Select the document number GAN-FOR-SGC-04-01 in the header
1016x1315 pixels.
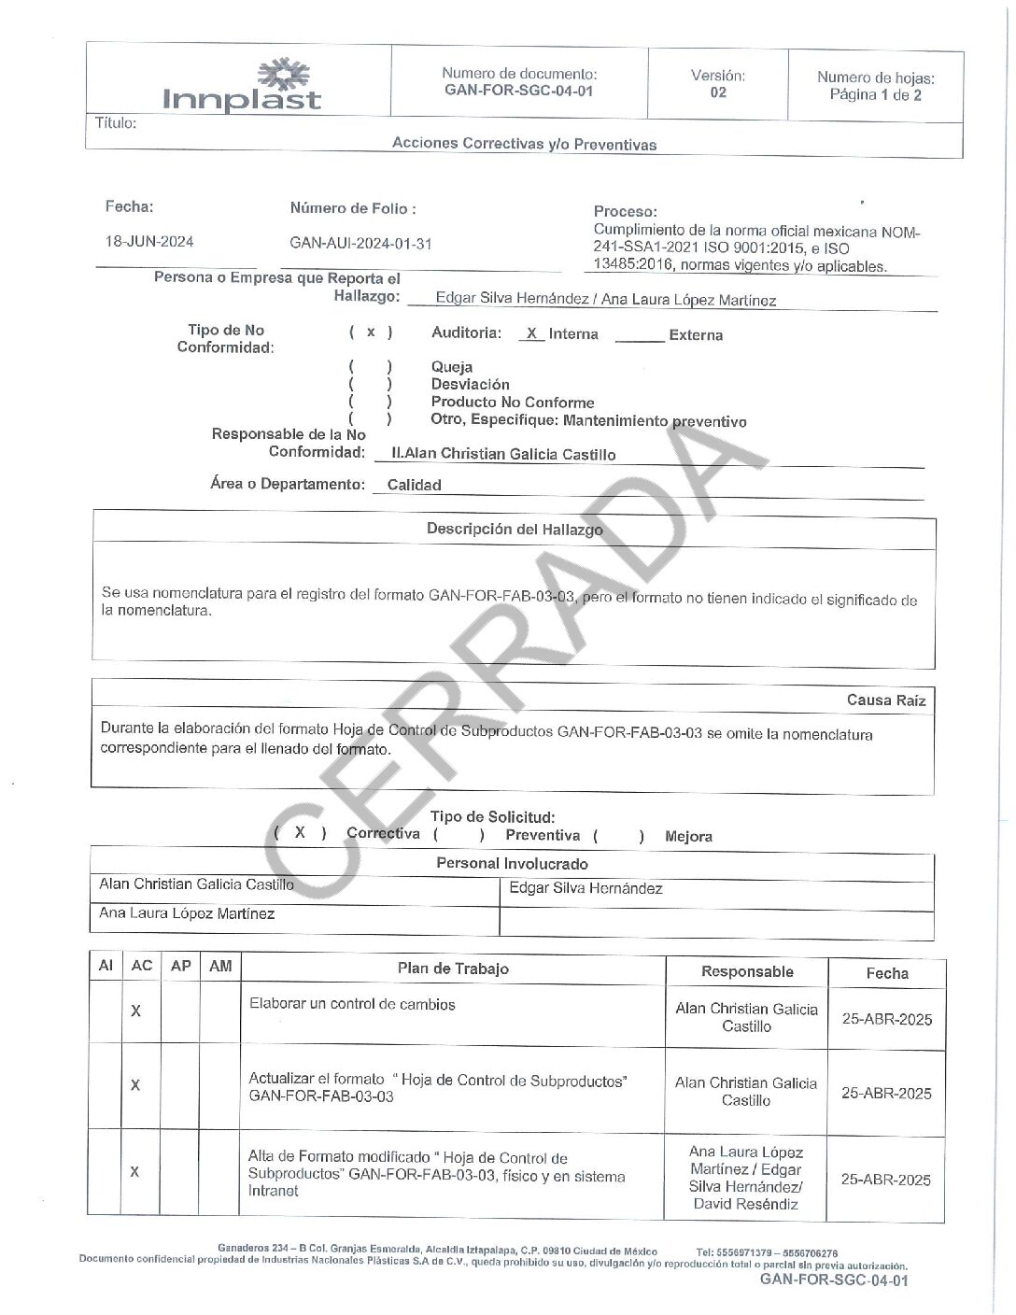click(518, 92)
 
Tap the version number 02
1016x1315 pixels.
click(717, 92)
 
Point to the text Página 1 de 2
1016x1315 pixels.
click(875, 95)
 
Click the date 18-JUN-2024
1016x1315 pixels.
click(149, 242)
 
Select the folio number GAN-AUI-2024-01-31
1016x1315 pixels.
click(360, 244)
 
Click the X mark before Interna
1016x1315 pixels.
click(531, 333)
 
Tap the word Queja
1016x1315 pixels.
click(452, 367)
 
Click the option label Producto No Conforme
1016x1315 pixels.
click(512, 403)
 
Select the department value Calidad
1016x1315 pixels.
click(414, 485)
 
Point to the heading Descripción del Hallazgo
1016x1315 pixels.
click(515, 529)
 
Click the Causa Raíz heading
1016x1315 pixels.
click(885, 700)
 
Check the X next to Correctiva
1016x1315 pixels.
click(300, 832)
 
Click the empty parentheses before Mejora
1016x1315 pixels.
click(618, 836)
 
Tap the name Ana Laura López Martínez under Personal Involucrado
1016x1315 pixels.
click(187, 913)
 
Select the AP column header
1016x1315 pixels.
click(181, 966)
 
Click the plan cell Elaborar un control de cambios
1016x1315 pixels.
click(352, 1005)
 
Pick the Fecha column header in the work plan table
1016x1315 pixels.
click(886, 973)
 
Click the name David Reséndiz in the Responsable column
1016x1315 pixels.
click(745, 1204)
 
